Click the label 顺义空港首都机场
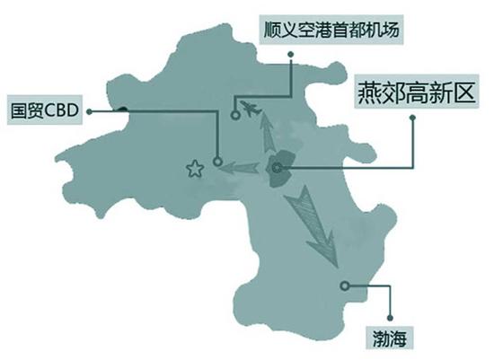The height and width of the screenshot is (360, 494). click(331, 30)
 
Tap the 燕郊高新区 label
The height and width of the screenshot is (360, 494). click(417, 92)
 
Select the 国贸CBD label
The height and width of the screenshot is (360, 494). click(45, 110)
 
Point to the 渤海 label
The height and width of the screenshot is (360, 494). click(390, 338)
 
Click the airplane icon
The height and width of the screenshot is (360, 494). click(251, 109)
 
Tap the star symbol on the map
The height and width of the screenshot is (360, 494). click(195, 169)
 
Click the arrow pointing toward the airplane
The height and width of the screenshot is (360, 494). click(268, 132)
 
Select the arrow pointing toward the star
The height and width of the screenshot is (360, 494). click(239, 168)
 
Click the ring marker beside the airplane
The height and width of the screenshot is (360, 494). click(235, 115)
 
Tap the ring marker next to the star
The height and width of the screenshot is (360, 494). click(217, 162)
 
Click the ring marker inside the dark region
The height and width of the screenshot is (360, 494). click(278, 168)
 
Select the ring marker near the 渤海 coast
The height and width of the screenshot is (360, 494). click(345, 285)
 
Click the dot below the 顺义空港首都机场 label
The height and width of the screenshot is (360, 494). click(291, 55)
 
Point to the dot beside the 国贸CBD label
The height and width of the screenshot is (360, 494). click(90, 111)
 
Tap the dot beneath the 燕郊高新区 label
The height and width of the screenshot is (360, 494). click(412, 118)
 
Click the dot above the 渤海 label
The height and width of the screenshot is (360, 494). click(390, 318)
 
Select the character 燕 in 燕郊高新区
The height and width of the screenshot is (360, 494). click(369, 92)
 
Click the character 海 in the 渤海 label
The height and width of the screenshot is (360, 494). click(398, 338)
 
